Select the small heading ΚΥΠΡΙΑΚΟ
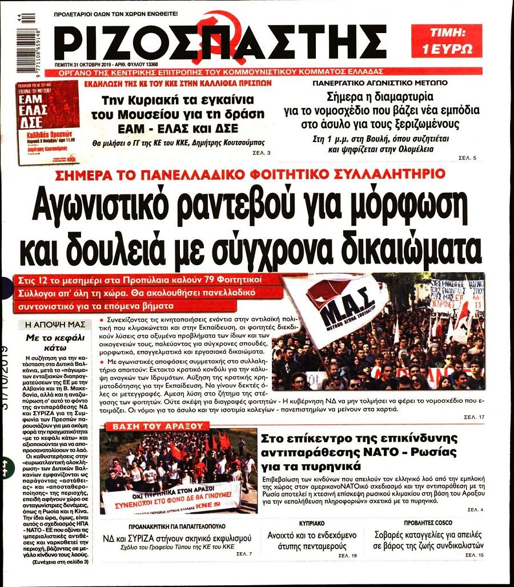[x=312, y=523]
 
